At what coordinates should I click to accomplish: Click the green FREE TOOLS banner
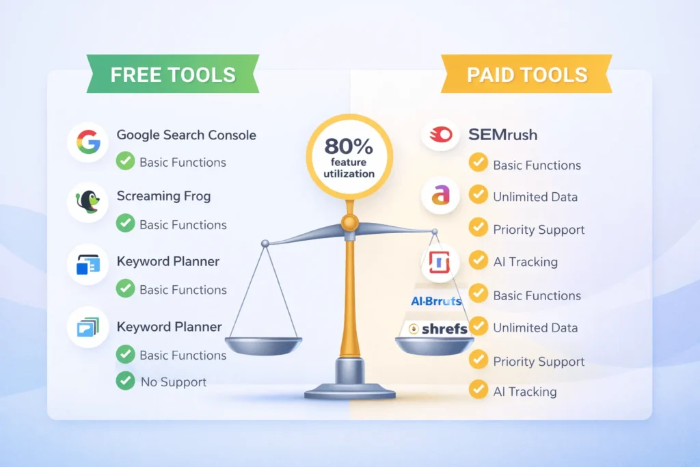(x=172, y=75)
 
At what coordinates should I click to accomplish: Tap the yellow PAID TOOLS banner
(x=526, y=75)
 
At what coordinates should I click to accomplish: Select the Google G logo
(x=87, y=142)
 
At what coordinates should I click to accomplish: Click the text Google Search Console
(x=186, y=135)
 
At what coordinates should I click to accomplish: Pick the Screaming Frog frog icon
(x=87, y=202)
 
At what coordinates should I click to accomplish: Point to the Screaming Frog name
(x=163, y=196)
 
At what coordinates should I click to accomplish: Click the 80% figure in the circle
(x=349, y=146)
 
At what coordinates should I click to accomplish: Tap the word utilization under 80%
(x=349, y=174)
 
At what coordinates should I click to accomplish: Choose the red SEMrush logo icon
(x=440, y=135)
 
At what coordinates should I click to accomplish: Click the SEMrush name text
(x=502, y=135)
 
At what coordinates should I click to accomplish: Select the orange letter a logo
(x=440, y=196)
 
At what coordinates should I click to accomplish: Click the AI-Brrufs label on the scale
(x=436, y=301)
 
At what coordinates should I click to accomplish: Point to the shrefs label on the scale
(x=437, y=329)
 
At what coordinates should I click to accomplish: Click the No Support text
(x=174, y=382)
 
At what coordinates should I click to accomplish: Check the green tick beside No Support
(x=125, y=381)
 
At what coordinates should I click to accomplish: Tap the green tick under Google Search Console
(x=125, y=162)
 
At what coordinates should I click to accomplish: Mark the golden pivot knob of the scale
(x=349, y=222)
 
